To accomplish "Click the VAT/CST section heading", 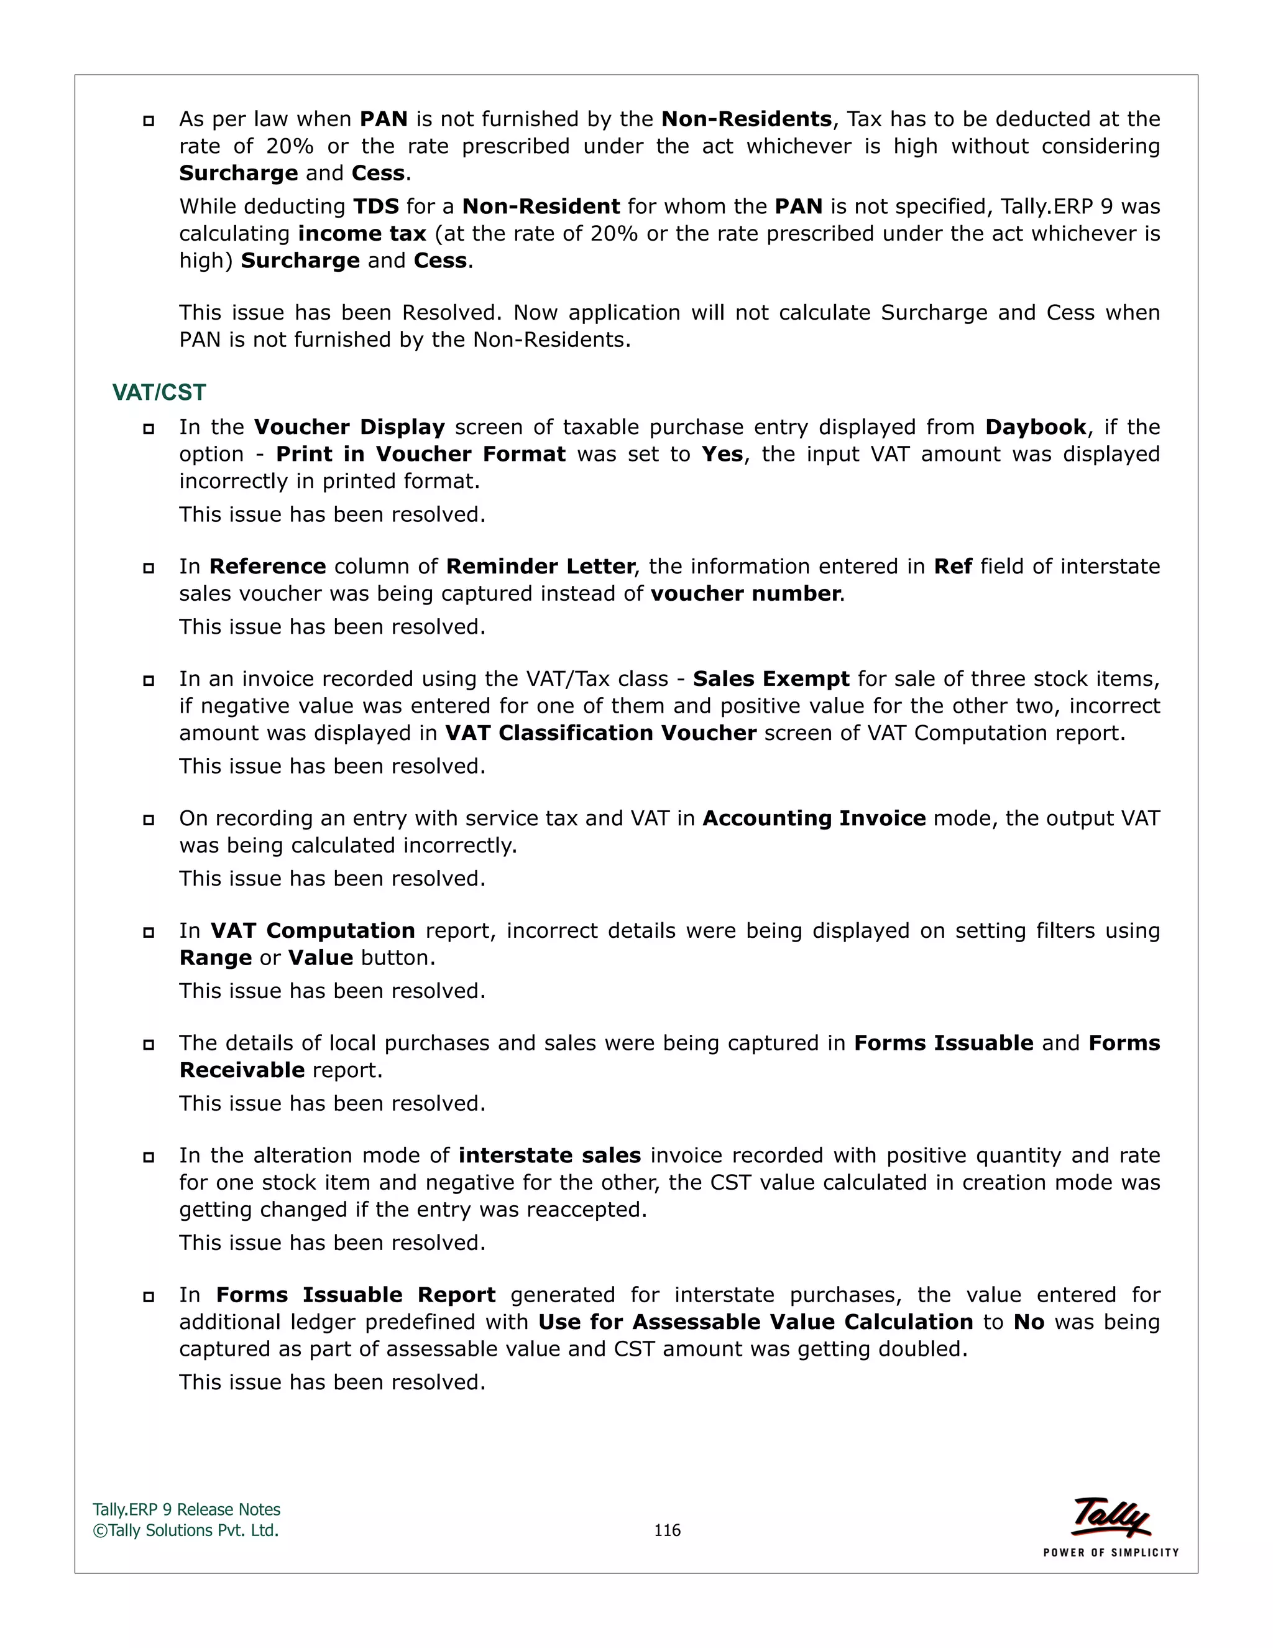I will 159,392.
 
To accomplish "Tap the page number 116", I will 667,1530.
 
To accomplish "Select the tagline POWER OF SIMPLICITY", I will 1111,1552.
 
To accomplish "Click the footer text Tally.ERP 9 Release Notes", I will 186,1510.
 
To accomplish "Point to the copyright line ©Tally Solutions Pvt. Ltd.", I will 185,1530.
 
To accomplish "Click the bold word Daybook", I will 1036,427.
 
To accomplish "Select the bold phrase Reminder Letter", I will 541,567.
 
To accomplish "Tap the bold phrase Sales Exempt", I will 771,679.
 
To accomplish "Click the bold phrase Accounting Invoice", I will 814,819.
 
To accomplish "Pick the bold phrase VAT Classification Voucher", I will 600,733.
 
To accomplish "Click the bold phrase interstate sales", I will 549,1156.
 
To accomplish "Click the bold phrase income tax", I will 362,234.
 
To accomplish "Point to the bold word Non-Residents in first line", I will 746,119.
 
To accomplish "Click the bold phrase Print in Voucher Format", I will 420,454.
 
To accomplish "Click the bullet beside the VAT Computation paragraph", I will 149,933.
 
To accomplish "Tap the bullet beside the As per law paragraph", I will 149,121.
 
